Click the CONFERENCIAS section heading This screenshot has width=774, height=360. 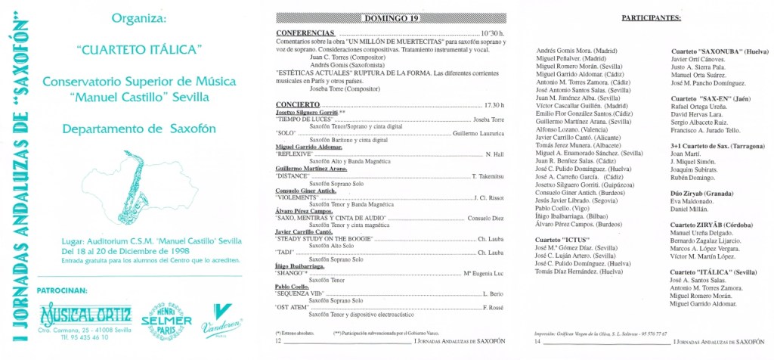(305, 34)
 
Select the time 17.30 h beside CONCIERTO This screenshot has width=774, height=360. (494, 104)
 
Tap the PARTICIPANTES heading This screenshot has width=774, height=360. (650, 16)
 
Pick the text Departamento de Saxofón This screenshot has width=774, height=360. (141, 129)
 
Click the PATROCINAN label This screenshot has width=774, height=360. (67, 289)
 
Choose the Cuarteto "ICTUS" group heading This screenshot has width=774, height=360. (562, 240)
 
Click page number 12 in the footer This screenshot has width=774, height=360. (278, 342)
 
